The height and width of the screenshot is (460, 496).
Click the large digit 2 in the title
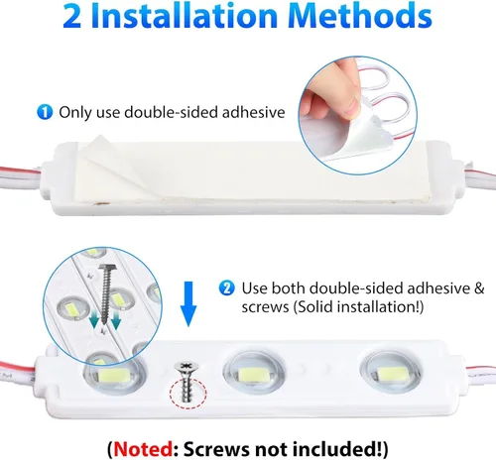(71, 16)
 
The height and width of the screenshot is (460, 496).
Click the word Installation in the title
(185, 16)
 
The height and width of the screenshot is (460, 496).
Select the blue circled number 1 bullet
(45, 112)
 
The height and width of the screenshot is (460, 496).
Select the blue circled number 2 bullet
(226, 288)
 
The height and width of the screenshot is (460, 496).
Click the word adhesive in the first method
(253, 112)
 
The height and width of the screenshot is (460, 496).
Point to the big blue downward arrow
(188, 303)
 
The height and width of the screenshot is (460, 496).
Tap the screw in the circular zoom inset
(106, 295)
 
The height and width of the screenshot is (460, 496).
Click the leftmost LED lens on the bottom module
(114, 372)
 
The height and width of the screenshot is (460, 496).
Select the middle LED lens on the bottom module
(254, 373)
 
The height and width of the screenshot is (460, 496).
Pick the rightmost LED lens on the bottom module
(391, 373)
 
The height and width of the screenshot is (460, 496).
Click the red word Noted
(143, 448)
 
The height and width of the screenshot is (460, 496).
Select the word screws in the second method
(265, 307)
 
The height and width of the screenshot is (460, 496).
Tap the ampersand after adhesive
(479, 288)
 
